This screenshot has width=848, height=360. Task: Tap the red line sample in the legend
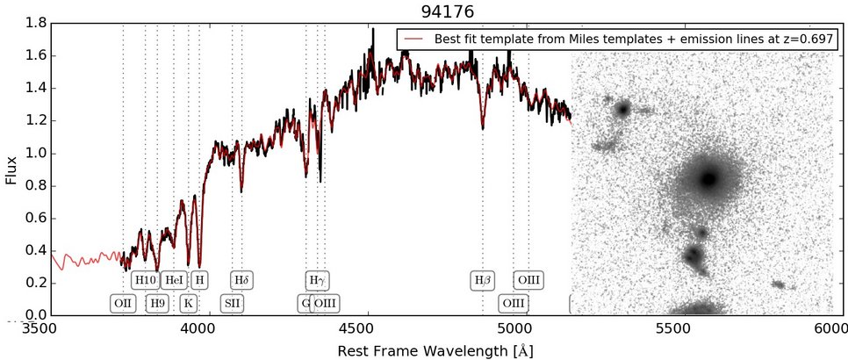414,40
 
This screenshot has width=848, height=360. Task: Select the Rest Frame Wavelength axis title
435,350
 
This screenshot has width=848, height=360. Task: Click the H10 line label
145,280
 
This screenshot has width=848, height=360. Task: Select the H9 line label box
157,304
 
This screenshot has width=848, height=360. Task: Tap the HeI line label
175,280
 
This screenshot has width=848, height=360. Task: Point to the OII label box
123,304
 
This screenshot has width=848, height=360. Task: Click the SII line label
233,304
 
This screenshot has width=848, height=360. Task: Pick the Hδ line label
242,280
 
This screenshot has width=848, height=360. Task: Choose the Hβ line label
483,280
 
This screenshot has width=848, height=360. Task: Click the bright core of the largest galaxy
708,178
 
